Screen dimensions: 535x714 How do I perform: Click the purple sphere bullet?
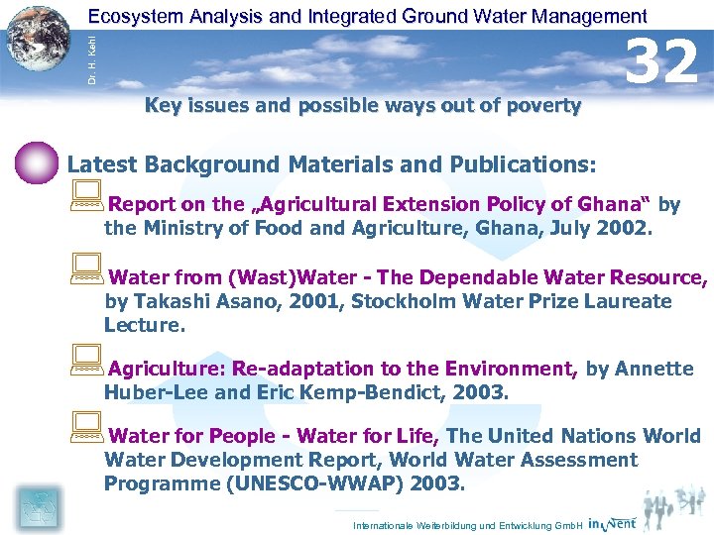pos(38,163)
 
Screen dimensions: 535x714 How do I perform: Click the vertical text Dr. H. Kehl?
pos(91,57)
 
